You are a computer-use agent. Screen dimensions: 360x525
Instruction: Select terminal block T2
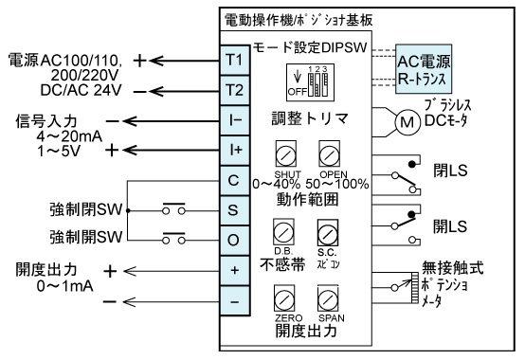(x=234, y=90)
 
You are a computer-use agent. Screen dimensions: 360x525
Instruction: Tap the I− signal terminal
(x=234, y=120)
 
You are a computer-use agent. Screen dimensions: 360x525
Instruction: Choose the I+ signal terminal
(x=234, y=150)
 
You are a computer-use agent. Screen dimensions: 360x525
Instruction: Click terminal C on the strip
(x=234, y=179)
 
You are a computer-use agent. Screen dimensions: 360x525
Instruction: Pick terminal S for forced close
(x=234, y=208)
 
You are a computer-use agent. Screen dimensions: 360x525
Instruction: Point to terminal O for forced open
(x=234, y=238)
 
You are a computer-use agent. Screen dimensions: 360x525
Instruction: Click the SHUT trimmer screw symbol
(x=281, y=154)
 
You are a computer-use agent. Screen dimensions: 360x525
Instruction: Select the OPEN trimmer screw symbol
(x=329, y=154)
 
